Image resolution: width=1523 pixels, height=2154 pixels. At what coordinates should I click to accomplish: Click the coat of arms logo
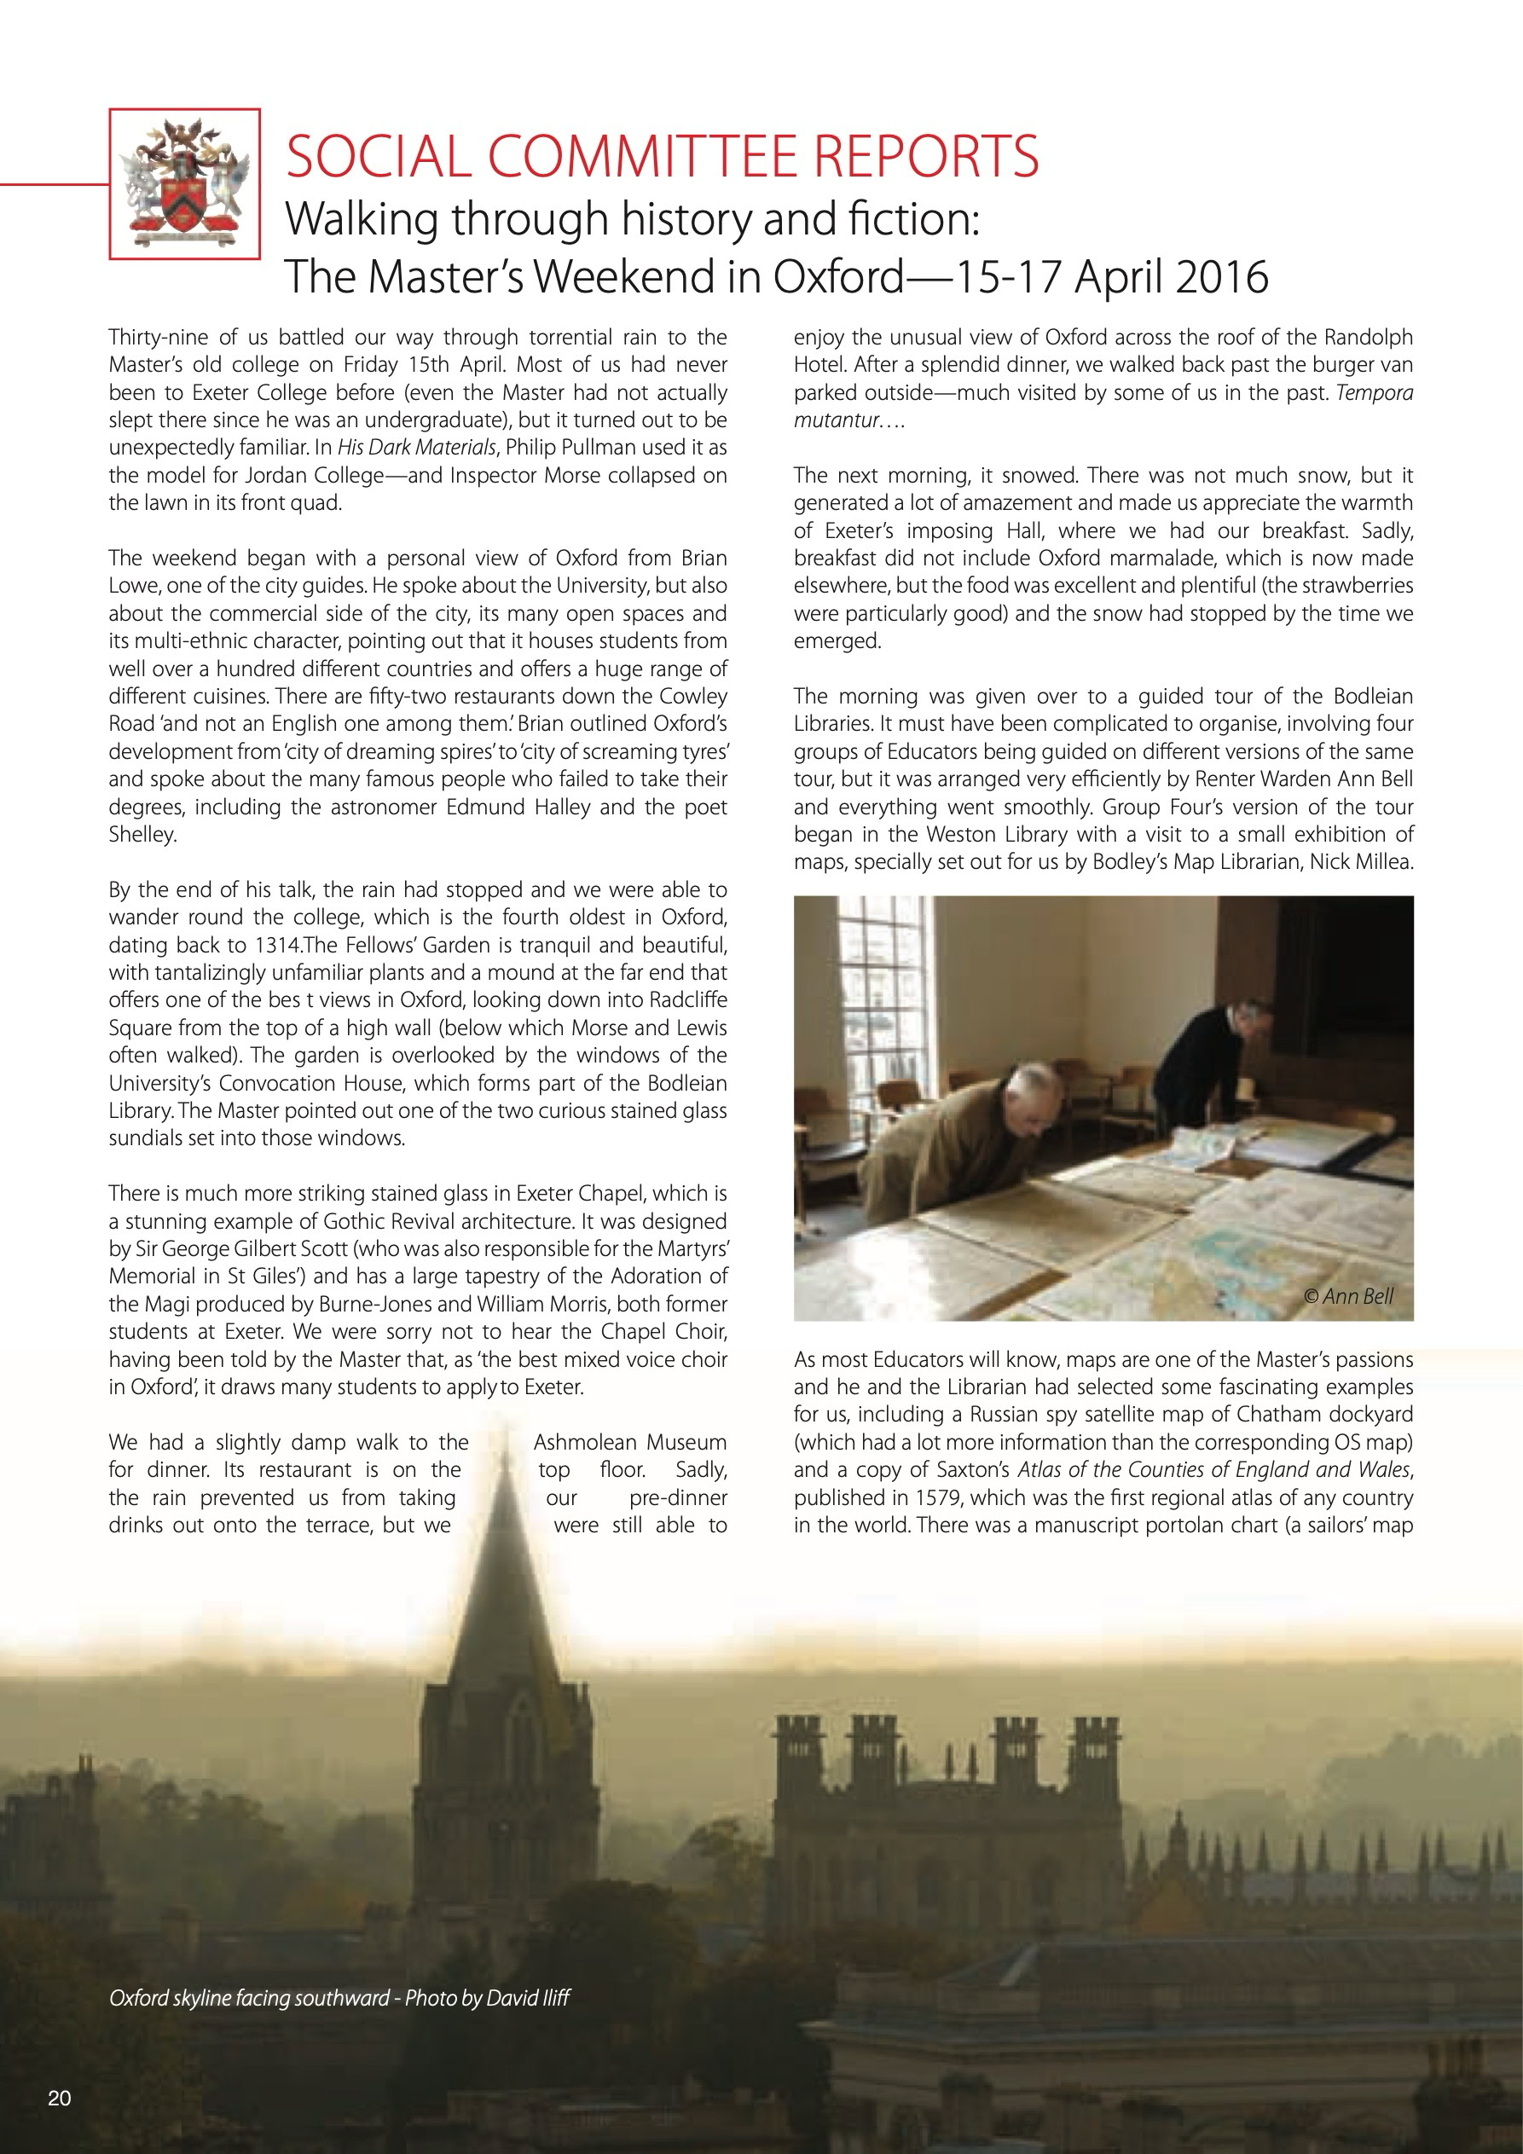tap(185, 183)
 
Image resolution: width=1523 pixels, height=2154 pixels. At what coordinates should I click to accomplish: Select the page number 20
tap(59, 2098)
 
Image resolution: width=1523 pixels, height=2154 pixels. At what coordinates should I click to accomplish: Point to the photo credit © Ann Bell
tap(1348, 1296)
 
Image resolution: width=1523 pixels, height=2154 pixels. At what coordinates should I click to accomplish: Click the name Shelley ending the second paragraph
tap(141, 834)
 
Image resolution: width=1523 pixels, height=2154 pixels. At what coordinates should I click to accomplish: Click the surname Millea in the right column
tap(1381, 861)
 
